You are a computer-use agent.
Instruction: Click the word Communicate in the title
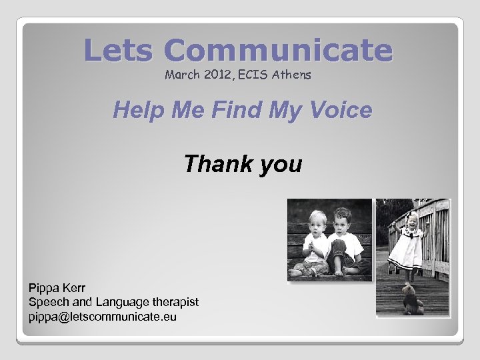click(x=277, y=51)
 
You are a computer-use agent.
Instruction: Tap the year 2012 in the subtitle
click(x=215, y=75)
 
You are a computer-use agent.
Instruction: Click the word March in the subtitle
click(x=181, y=75)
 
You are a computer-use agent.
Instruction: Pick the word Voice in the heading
click(x=339, y=110)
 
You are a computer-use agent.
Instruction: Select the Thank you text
click(x=243, y=163)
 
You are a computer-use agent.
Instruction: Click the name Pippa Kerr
click(x=57, y=288)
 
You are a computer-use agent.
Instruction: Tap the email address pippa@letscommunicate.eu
click(x=102, y=317)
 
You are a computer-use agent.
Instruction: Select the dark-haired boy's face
click(x=341, y=222)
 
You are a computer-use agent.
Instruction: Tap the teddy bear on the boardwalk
click(x=412, y=299)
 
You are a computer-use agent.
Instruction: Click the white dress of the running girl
click(x=407, y=250)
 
